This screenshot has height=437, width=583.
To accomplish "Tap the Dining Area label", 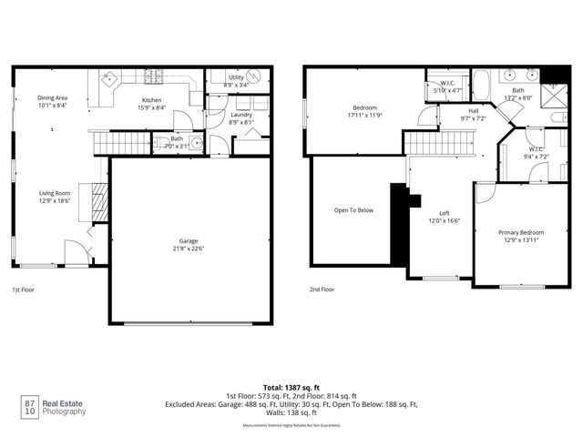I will point(53,97).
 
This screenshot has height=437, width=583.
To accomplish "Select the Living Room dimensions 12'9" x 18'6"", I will point(55,201).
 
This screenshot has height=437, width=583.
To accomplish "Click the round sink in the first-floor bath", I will point(163,142).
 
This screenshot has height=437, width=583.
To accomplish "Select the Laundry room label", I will point(241,114).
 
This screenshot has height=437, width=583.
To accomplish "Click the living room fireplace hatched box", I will point(100,202).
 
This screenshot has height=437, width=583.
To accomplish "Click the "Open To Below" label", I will point(353,210).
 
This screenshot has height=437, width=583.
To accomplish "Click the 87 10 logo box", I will point(29,406).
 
